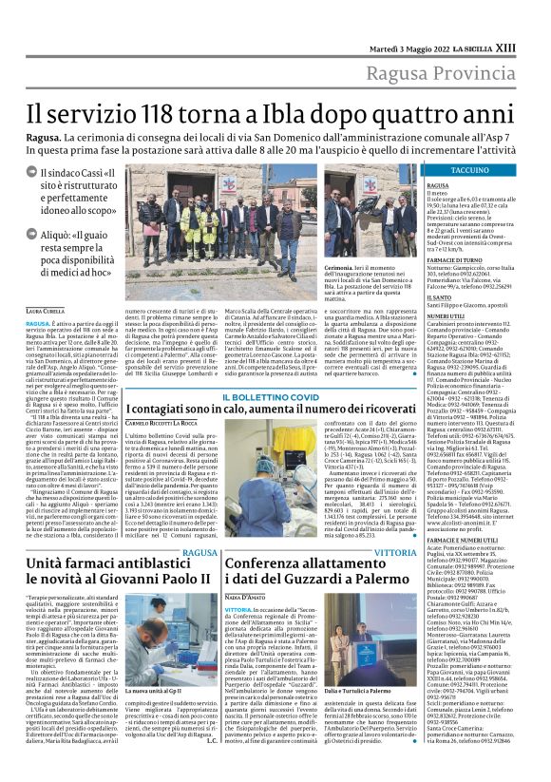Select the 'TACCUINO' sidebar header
(x=469, y=169)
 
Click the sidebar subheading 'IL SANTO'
(x=438, y=296)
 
